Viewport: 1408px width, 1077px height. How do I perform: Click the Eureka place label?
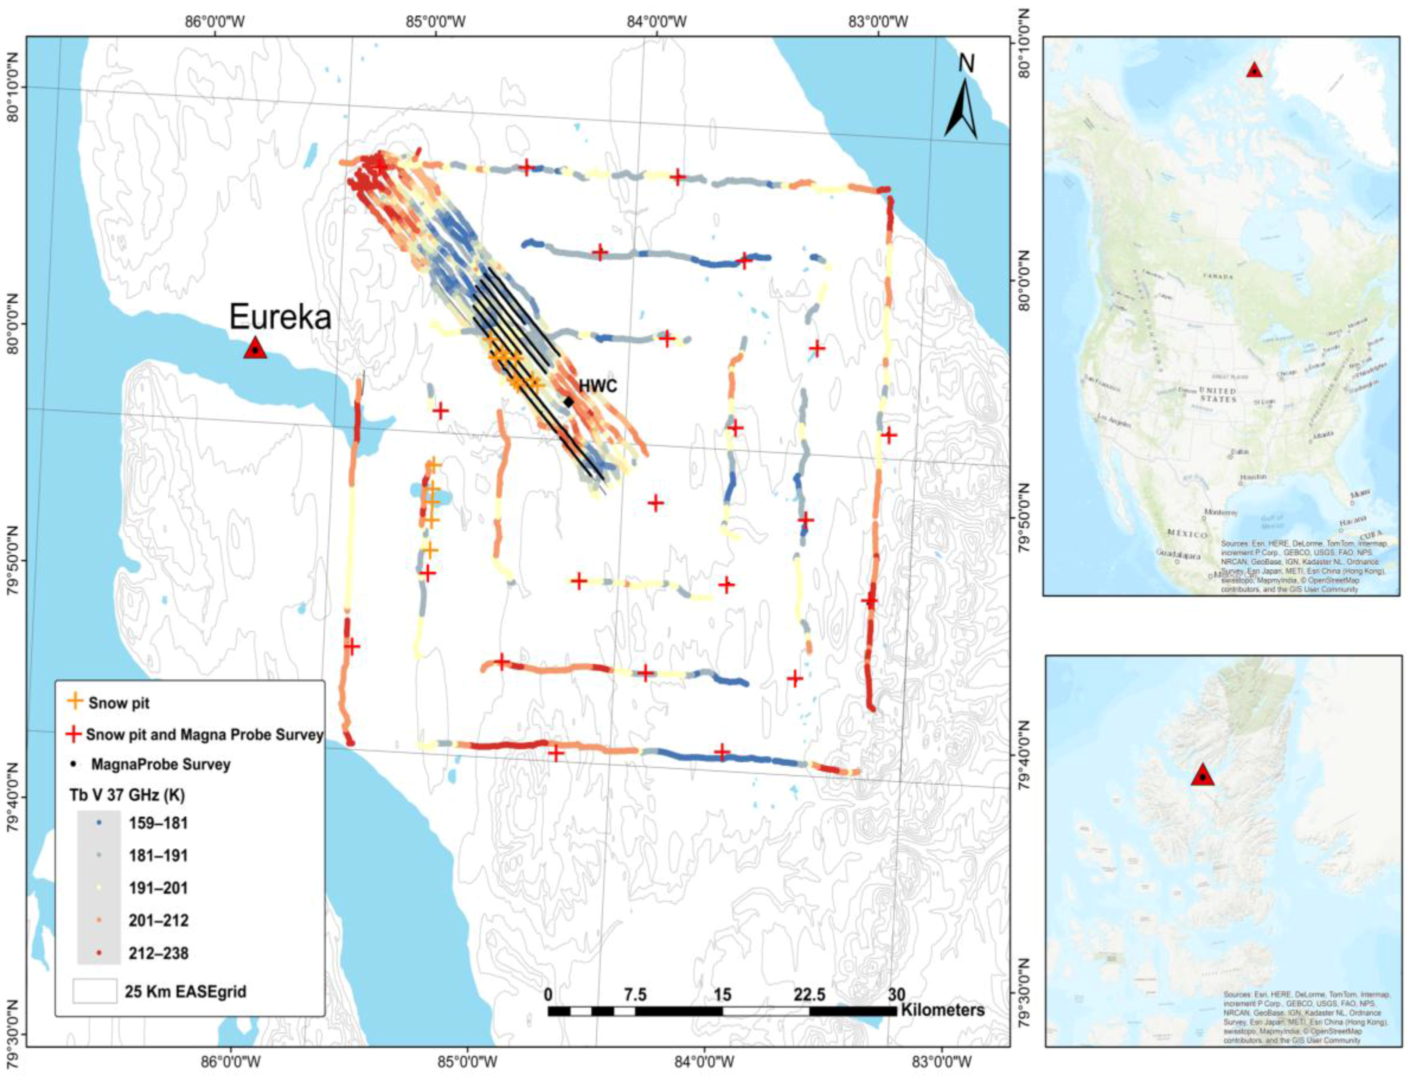pyautogui.click(x=280, y=317)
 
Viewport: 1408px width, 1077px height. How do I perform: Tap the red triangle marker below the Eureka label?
pyautogui.click(x=255, y=348)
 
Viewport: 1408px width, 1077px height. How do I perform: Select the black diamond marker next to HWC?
pyautogui.click(x=568, y=402)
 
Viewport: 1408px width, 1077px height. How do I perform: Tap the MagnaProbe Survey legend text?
pyautogui.click(x=160, y=764)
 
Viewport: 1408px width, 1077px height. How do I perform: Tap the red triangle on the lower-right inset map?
pyautogui.click(x=1203, y=775)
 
